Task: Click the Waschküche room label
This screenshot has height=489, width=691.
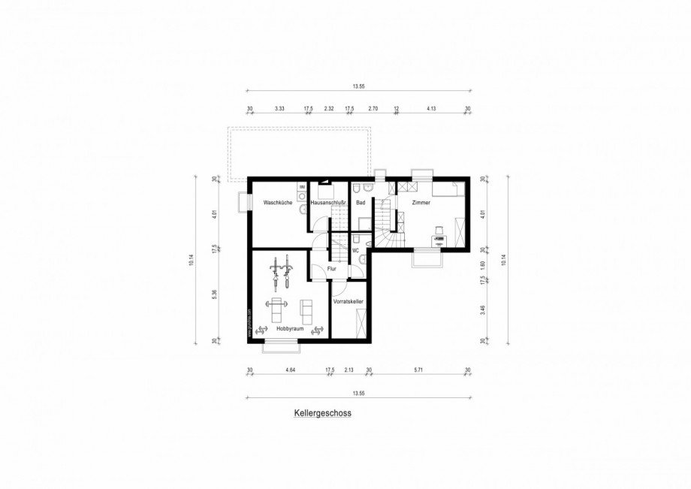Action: point(277,203)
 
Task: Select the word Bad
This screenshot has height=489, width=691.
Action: point(361,203)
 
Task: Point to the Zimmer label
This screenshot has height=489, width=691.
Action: point(421,203)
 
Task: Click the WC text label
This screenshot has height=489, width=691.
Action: point(356,250)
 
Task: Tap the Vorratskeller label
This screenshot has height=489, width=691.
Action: point(349,301)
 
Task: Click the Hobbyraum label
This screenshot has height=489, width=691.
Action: point(288,329)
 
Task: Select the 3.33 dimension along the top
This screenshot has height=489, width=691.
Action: point(279,109)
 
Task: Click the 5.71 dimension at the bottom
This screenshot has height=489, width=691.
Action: point(419,370)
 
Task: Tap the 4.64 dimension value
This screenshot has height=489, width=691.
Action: point(291,370)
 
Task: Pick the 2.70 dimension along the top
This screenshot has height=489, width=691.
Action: point(373,109)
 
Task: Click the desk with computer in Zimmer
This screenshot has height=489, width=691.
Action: point(439,239)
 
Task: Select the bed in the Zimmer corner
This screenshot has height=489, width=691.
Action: point(451,189)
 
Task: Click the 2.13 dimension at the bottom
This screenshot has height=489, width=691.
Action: point(349,370)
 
